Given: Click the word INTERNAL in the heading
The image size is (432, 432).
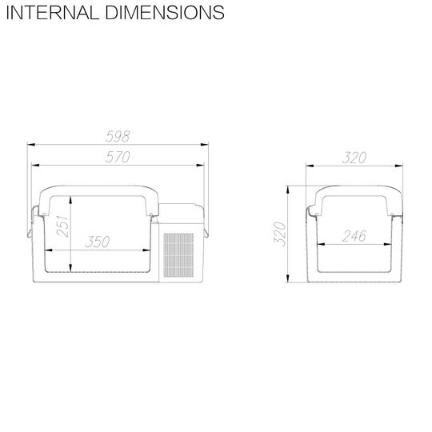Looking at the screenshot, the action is tap(53, 13).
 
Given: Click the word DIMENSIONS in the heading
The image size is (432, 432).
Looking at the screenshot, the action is tap(165, 13).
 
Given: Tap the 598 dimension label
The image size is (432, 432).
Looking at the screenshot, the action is tap(118, 136).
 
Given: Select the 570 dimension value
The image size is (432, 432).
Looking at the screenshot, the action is tap(118, 157).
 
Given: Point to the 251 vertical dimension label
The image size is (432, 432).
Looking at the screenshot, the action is tap(63, 226).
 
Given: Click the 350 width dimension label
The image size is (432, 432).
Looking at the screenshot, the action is tap(98, 242).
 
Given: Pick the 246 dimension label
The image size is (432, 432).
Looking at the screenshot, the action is tap(354, 236).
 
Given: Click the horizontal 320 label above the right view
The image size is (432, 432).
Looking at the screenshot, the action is tap(354, 158).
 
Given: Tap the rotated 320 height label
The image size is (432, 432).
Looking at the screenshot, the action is tap(280, 234).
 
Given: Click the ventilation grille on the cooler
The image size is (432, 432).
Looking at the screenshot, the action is tap(178, 255).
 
